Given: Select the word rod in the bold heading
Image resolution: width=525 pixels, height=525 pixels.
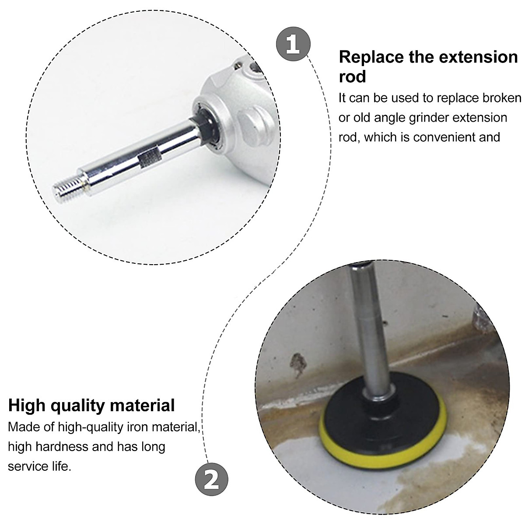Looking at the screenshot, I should pyautogui.click(x=352, y=77).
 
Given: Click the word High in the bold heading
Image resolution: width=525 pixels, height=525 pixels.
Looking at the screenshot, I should pyautogui.click(x=27, y=405).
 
